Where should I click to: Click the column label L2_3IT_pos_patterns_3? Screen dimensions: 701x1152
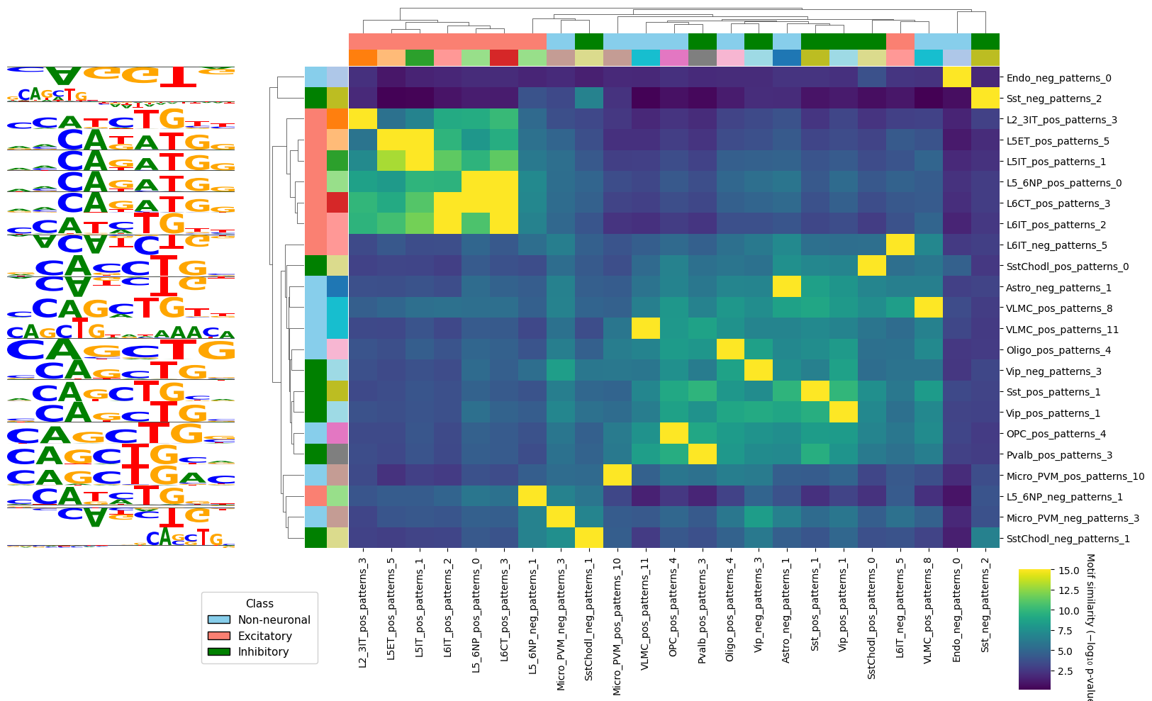click(363, 610)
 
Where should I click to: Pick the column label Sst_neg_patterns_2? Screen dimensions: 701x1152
click(985, 608)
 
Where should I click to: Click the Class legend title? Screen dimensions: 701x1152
click(259, 604)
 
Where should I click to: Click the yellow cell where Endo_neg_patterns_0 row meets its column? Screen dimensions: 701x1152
click(956, 77)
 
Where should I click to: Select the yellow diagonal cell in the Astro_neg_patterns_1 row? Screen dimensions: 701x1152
click(787, 288)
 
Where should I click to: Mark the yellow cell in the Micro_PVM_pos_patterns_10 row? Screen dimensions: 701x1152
click(617, 476)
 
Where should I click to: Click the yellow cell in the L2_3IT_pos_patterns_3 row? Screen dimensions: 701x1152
click(363, 120)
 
